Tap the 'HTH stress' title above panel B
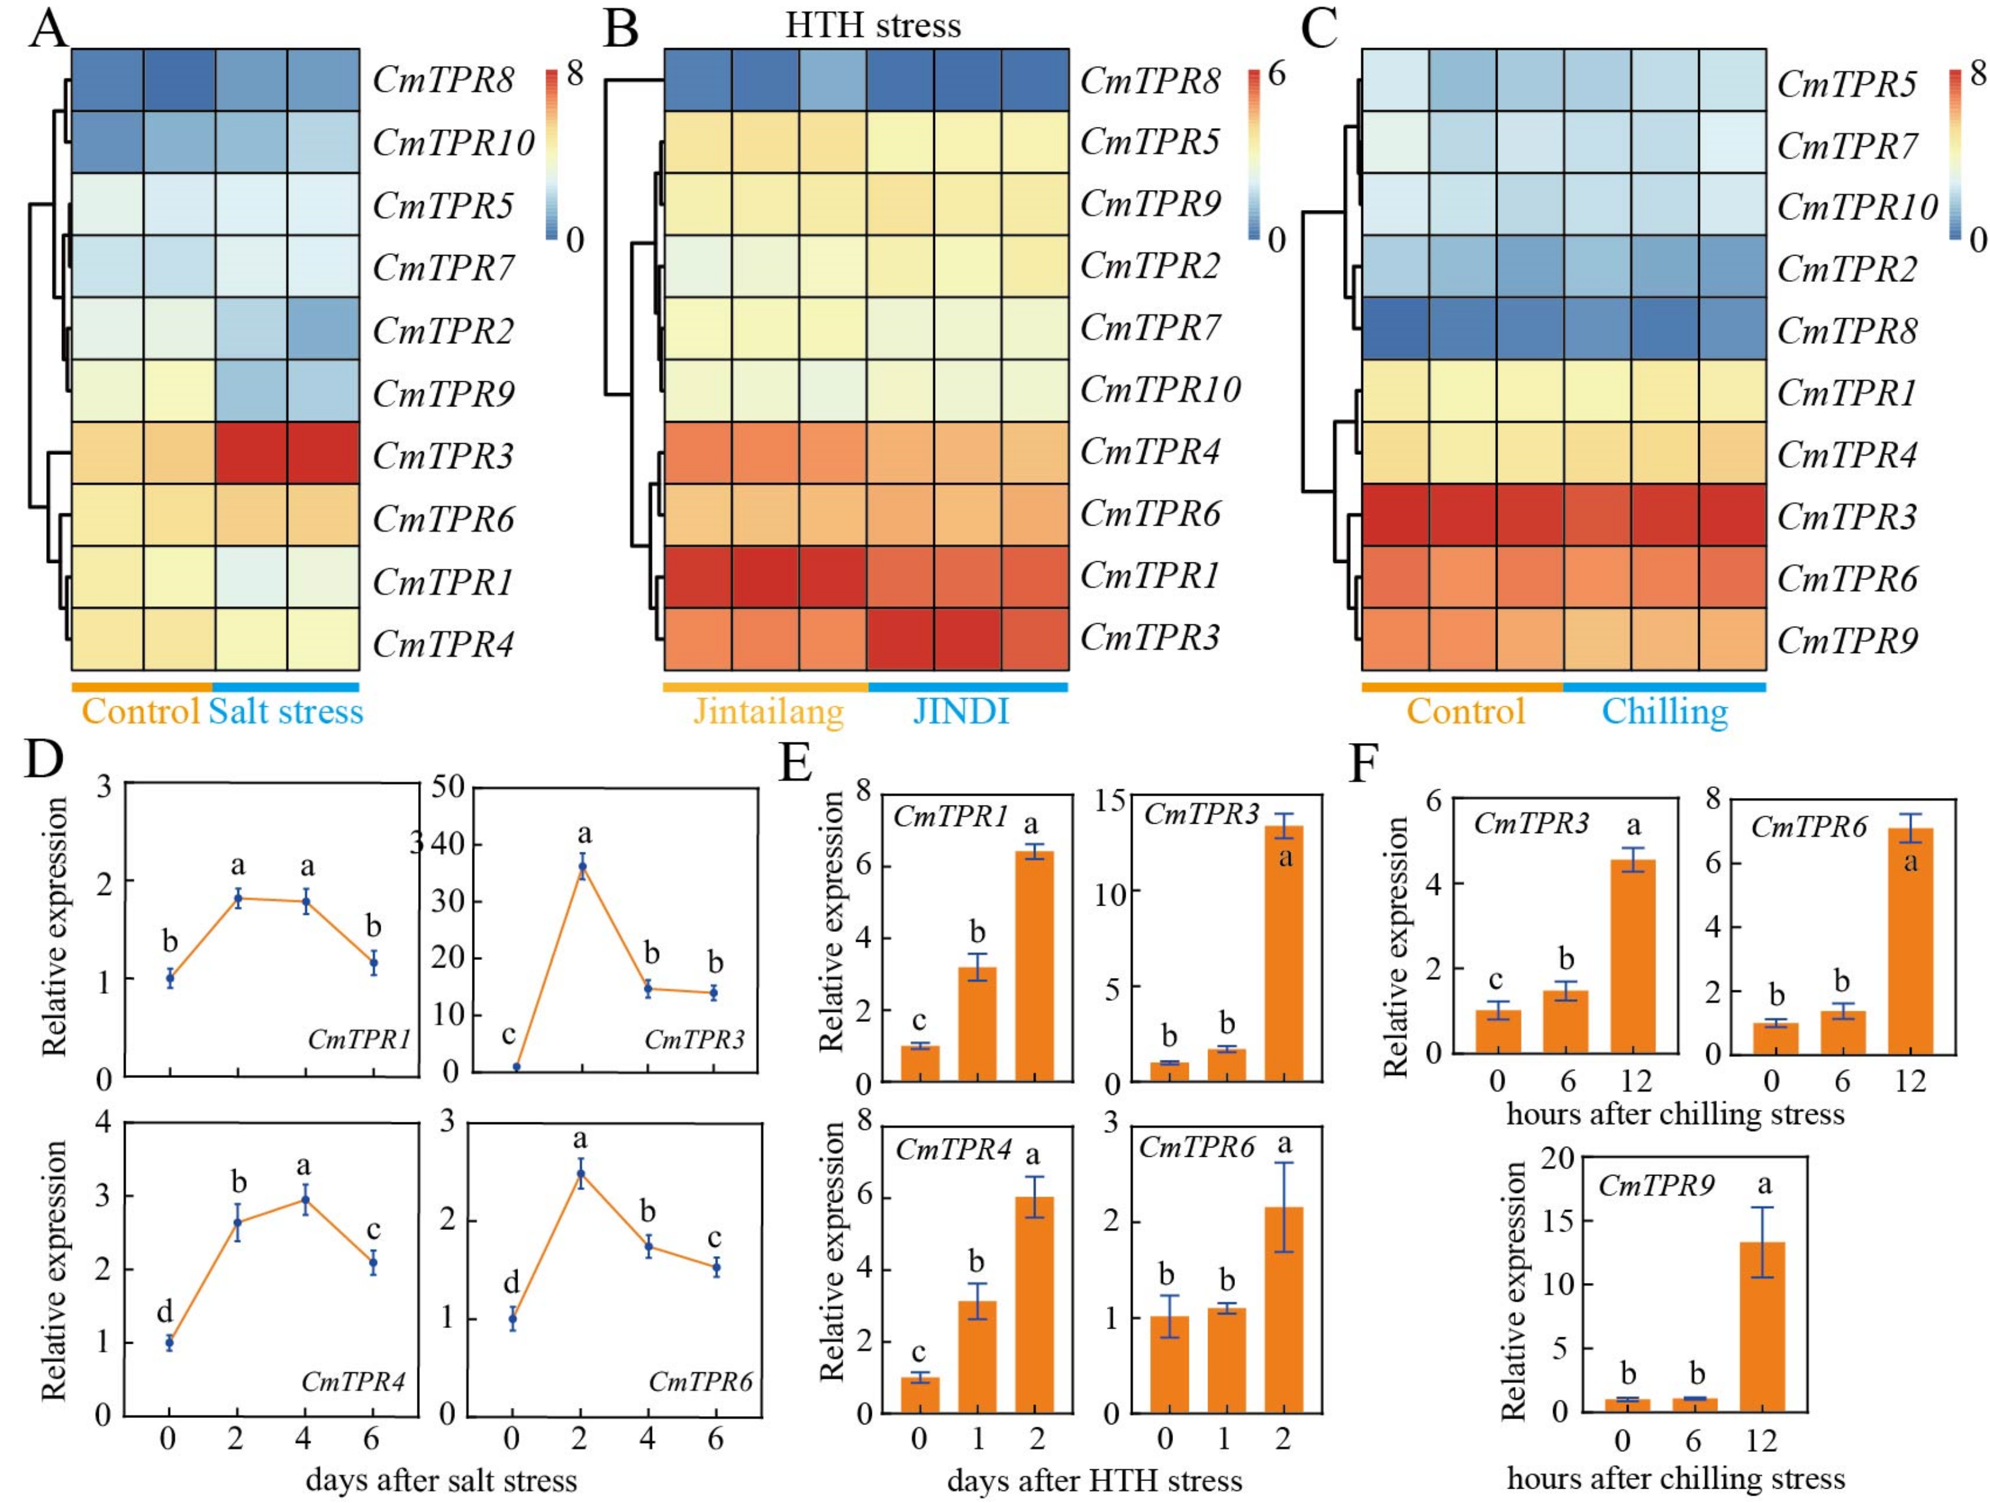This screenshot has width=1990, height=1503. [872, 24]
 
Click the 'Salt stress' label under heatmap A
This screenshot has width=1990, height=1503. [286, 711]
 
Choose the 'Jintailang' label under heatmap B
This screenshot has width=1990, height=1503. [768, 711]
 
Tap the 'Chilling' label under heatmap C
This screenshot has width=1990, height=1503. [1664, 711]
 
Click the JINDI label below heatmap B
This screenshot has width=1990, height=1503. [961, 711]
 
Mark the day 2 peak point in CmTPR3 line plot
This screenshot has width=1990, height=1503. [582, 867]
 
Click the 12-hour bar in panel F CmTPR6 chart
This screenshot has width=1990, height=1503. [1910, 940]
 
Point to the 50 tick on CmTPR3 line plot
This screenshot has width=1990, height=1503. [447, 789]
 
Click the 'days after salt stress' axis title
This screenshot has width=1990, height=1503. [441, 1480]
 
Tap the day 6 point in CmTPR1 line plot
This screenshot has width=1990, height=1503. [373, 962]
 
